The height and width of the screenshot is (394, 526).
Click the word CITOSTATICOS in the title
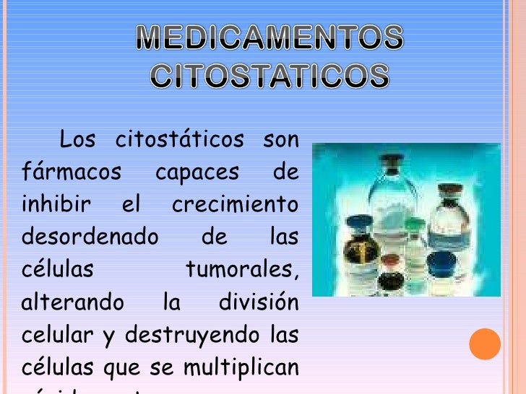(x=270, y=76)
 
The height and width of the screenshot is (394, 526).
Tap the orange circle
(x=485, y=344)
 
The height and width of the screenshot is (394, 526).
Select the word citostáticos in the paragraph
(x=179, y=139)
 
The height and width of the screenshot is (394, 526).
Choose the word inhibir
(x=56, y=204)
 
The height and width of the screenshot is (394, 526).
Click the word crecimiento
(x=235, y=204)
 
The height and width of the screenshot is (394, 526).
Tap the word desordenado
(x=90, y=237)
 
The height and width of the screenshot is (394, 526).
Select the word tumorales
(x=241, y=270)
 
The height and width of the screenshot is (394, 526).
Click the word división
(x=258, y=302)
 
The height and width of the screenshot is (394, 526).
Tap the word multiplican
(x=241, y=367)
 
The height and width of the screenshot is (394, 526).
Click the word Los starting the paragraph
(x=77, y=139)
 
